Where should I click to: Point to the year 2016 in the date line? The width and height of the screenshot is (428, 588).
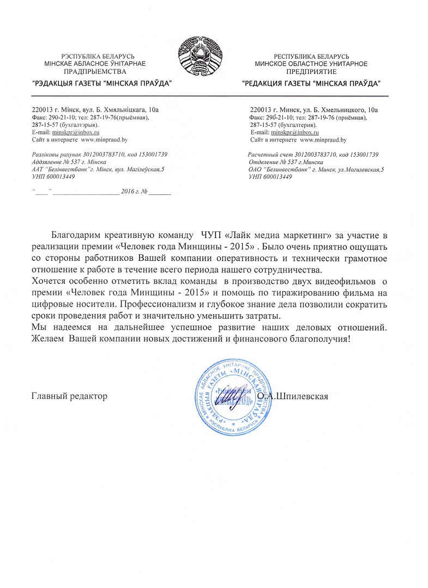(x=127, y=192)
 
